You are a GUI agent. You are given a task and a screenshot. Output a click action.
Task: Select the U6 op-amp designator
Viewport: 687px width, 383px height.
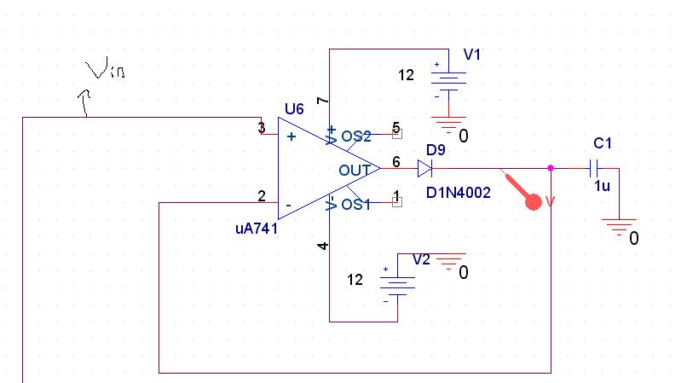[x=293, y=108]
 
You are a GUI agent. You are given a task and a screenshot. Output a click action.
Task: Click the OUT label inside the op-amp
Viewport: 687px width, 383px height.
[x=355, y=170]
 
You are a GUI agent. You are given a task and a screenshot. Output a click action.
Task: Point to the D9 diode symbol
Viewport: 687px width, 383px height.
[x=425, y=169]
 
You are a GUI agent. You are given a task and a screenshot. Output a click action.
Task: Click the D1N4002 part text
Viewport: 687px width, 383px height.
[x=459, y=194]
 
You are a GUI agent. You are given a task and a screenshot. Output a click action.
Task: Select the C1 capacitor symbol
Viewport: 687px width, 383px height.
[x=598, y=168]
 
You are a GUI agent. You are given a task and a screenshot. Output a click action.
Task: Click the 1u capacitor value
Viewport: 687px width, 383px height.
[x=601, y=185]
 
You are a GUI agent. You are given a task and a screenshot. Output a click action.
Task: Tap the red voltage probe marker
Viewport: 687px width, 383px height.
[x=533, y=201]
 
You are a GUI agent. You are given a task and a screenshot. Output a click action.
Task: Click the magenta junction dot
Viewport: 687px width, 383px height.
[x=551, y=168]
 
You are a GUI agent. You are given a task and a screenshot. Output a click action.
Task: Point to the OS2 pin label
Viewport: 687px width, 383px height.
[x=356, y=136]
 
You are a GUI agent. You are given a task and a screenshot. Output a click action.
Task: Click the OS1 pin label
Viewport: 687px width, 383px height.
[x=356, y=204]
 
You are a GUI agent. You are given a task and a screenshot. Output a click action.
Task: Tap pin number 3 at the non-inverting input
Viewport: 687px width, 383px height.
[x=262, y=128]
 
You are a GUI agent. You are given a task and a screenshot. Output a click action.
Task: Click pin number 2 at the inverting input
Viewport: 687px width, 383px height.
[x=262, y=196]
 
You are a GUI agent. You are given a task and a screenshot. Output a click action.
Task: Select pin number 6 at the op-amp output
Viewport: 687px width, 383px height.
[x=395, y=161]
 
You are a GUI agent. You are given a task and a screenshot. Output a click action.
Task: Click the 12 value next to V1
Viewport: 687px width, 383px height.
[x=406, y=75]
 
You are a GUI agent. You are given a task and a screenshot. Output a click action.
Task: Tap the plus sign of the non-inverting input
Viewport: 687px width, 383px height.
[x=292, y=136]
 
